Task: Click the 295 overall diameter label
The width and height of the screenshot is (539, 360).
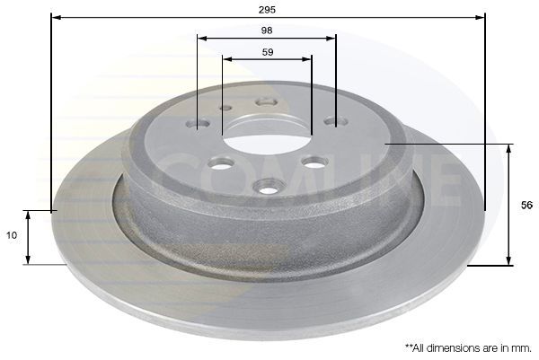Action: [267, 10]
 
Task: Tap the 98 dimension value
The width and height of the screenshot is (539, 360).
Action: [267, 31]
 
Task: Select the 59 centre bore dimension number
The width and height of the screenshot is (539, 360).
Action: [268, 52]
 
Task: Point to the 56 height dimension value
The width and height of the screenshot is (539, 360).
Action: [526, 205]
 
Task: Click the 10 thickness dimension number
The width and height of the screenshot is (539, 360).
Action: [12, 235]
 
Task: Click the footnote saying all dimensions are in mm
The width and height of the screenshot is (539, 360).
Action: [468, 348]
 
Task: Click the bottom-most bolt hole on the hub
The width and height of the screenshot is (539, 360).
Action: [269, 187]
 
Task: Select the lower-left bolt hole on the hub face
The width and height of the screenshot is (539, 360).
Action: [222, 162]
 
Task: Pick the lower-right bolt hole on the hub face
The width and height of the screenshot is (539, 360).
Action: [314, 162]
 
